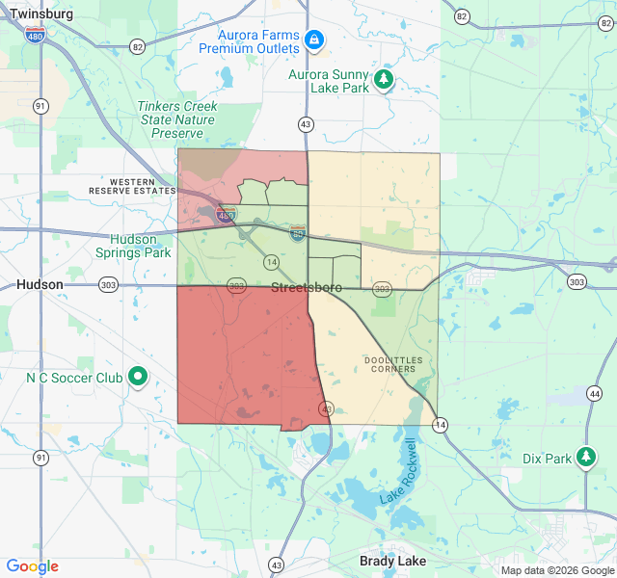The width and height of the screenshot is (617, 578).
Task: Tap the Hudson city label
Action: click(x=40, y=285)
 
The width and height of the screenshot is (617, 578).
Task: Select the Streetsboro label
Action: click(x=307, y=288)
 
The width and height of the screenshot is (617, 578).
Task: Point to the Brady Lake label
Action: click(x=392, y=561)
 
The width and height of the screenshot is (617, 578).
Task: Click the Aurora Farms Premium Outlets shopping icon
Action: click(x=312, y=39)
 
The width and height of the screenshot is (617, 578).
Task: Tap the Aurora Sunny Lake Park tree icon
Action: click(x=384, y=79)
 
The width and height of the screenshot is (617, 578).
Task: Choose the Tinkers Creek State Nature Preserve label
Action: click(x=177, y=119)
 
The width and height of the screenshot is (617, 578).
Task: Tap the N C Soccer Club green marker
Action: click(x=138, y=377)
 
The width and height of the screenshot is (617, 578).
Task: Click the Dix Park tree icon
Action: click(x=586, y=456)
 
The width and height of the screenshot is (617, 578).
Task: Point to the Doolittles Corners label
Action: click(x=392, y=364)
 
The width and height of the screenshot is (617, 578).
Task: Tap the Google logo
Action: click(x=32, y=566)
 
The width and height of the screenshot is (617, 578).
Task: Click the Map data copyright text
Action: click(x=556, y=570)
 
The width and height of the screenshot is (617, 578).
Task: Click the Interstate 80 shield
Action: click(x=299, y=232)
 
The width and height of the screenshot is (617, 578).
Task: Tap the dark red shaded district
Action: click(x=246, y=356)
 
